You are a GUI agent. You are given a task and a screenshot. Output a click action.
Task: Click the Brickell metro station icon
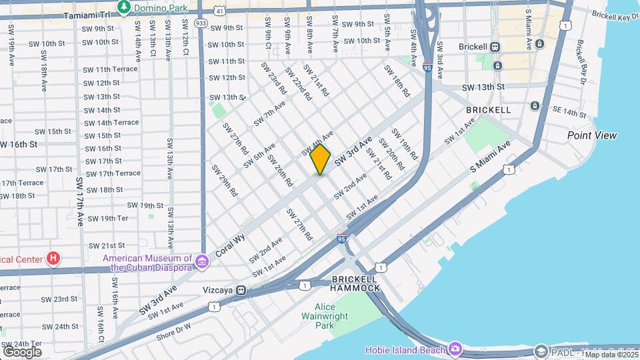495,47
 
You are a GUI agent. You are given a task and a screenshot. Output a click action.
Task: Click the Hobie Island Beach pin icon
455,349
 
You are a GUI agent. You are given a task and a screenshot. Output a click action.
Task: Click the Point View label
592,135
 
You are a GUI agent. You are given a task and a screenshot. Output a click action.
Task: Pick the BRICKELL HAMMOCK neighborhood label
357,283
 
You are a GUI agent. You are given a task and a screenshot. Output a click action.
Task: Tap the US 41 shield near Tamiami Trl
220,11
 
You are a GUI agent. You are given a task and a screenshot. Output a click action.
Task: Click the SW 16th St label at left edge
19,144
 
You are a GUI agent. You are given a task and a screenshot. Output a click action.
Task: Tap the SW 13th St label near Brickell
483,87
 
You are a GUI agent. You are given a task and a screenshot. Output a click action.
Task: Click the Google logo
22,351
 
